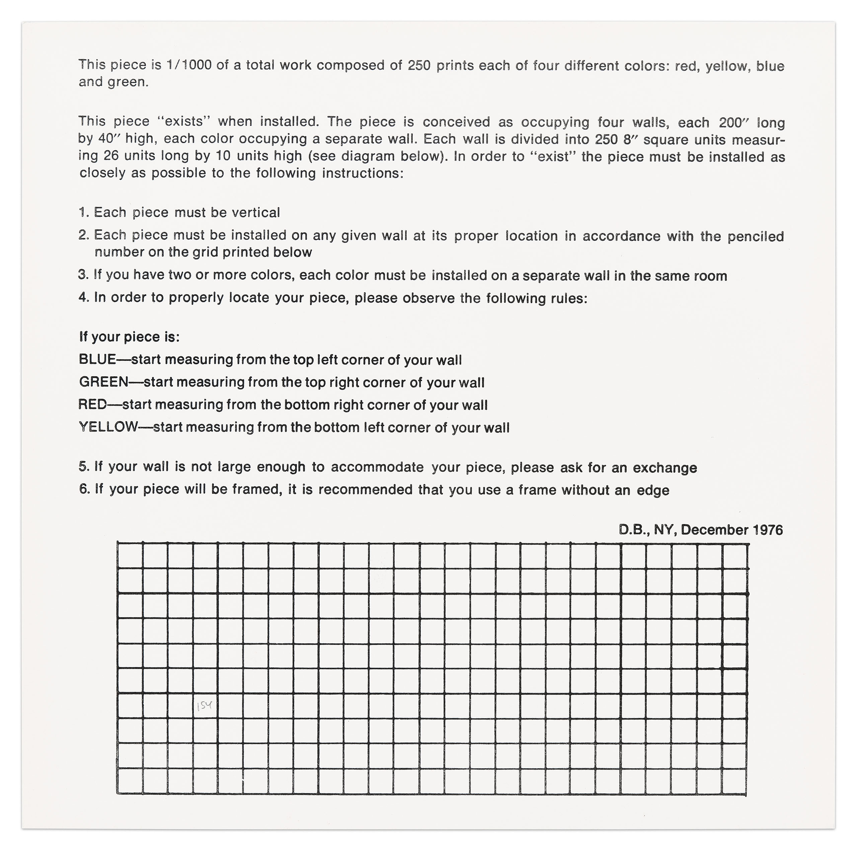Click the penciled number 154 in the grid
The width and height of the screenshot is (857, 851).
(205, 705)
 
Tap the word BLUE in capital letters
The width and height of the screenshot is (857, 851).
(97, 359)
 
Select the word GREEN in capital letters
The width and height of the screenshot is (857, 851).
(103, 382)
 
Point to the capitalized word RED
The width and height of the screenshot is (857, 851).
(92, 404)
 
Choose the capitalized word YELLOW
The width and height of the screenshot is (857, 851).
(108, 427)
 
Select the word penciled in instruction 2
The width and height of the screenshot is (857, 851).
(756, 236)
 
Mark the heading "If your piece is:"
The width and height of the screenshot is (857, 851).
(129, 337)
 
